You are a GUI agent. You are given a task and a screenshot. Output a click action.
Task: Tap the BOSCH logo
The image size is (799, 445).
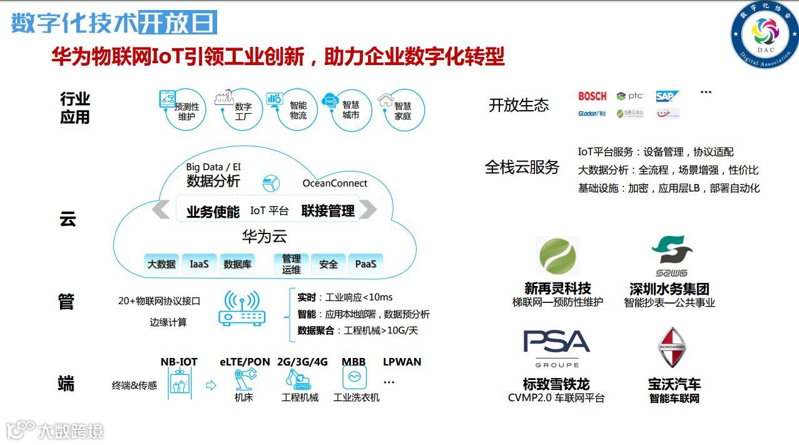pyautogui.click(x=592, y=96)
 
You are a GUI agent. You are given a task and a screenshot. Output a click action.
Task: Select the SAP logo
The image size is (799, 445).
pyautogui.click(x=667, y=96)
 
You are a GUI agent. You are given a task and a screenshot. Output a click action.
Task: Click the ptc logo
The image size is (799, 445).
pyautogui.click(x=629, y=96)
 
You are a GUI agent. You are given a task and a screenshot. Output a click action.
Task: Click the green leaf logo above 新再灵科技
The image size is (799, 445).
pyautogui.click(x=557, y=257)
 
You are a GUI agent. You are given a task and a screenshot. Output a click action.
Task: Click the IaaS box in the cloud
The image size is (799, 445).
pyautogui.click(x=199, y=264)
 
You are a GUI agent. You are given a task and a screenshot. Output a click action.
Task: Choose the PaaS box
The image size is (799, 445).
pyautogui.click(x=365, y=264)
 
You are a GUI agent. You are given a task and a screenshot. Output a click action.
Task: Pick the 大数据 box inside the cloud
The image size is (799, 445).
pyautogui.click(x=161, y=264)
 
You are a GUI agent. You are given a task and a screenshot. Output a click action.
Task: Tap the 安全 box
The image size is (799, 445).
pyautogui.click(x=328, y=264)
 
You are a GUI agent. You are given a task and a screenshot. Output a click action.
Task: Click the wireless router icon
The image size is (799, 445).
pyautogui.click(x=242, y=309)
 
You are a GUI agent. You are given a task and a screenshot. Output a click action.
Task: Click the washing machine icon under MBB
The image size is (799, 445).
pyautogui.click(x=355, y=377)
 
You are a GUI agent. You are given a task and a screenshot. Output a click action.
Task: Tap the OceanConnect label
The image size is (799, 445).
pyautogui.click(x=335, y=183)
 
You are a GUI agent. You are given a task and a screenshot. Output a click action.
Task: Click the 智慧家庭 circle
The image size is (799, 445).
pyautogui.click(x=404, y=110)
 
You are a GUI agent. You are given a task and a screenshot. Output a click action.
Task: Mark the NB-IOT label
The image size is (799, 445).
pyautogui.click(x=178, y=362)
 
